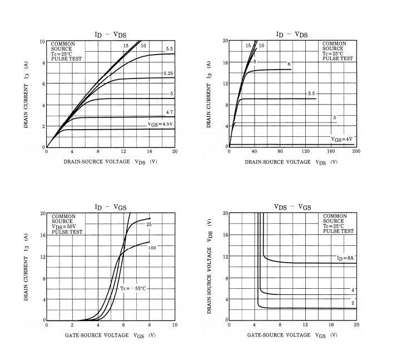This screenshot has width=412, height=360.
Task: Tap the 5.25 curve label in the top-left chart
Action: pyautogui.click(x=168, y=74)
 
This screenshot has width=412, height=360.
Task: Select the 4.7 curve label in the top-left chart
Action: pyautogui.click(x=170, y=112)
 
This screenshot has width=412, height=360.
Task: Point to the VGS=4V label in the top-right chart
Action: pyautogui.click(x=342, y=139)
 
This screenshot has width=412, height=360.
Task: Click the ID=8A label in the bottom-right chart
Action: pyautogui.click(x=345, y=258)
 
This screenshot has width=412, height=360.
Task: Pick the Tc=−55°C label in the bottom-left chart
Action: pyautogui.click(x=133, y=289)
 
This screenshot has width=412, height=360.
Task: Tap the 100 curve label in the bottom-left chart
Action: pyautogui.click(x=152, y=247)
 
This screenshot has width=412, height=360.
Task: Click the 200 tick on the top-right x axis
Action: pyautogui.click(x=356, y=152)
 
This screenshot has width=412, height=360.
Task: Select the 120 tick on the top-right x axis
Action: pyautogui.click(x=305, y=152)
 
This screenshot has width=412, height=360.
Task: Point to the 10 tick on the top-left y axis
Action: pyautogui.click(x=42, y=42)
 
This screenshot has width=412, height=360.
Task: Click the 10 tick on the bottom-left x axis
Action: pyautogui.click(x=175, y=325)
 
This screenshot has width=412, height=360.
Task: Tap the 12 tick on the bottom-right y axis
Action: pyautogui.click(x=225, y=257)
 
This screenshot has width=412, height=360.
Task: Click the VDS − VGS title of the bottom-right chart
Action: pyautogui.click(x=292, y=207)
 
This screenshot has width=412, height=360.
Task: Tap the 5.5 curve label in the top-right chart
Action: pyautogui.click(x=311, y=93)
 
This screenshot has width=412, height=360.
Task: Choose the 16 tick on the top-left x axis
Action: pyautogui.click(x=149, y=152)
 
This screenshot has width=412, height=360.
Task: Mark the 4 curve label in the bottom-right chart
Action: pyautogui.click(x=353, y=290)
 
